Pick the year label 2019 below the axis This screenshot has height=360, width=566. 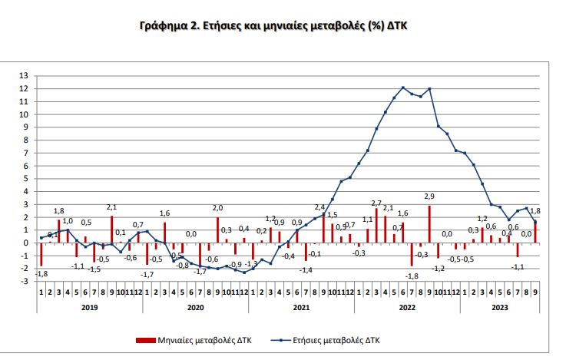coord(90,307)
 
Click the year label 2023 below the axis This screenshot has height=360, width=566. coord(499,307)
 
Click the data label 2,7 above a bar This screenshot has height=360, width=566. coord(376,203)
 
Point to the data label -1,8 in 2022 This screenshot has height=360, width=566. coord(412,276)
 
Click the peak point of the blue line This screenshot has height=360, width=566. coord(403,88)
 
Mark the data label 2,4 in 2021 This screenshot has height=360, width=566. coord(319,207)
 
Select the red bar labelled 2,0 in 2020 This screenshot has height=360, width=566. coord(217,230)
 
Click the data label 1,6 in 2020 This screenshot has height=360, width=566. coord(164,213)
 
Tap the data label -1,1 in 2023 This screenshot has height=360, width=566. coord(518,266)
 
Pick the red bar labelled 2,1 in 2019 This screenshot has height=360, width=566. coord(111,230)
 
